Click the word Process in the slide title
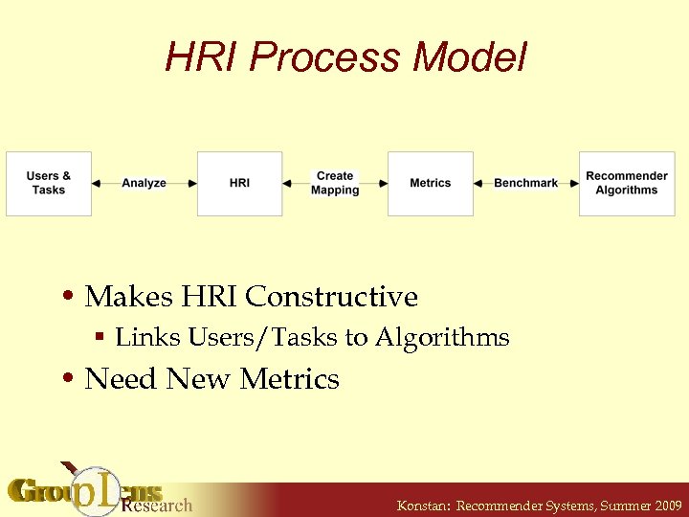coord(325,58)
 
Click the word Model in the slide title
coord(471,58)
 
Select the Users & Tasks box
coord(49,183)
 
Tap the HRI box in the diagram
coord(239,183)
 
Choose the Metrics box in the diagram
coord(430,183)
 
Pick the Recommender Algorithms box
coord(627,183)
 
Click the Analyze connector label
coord(144,183)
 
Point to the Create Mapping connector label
coord(335,183)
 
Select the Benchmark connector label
coord(525,183)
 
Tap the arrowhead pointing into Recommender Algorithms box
coord(574,183)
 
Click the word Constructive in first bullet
coord(332,297)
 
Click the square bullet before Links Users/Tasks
coord(100,338)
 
